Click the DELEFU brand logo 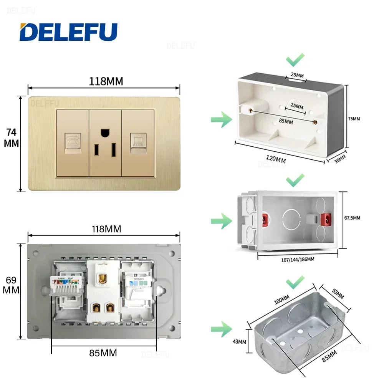(x=68, y=32)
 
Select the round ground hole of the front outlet (x=104, y=133)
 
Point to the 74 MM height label (x=12, y=138)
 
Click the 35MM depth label (x=339, y=159)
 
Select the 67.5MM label (x=352, y=218)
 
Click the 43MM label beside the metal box (x=239, y=341)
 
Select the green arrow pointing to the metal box (x=221, y=329)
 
